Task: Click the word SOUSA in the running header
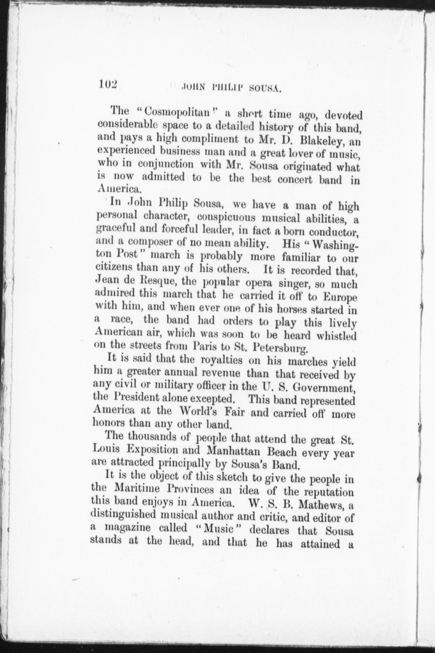pos(266,88)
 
